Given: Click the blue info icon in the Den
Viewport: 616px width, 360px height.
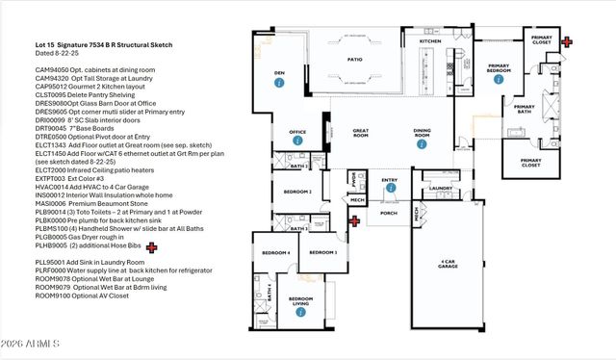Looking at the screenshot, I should [278, 84].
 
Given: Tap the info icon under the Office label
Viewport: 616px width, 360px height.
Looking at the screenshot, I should [297, 141].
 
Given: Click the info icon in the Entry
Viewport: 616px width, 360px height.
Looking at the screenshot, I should [390, 189].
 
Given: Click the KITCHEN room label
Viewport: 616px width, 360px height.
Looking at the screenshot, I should [430, 41].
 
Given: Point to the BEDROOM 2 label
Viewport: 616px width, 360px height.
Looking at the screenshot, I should [297, 192].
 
